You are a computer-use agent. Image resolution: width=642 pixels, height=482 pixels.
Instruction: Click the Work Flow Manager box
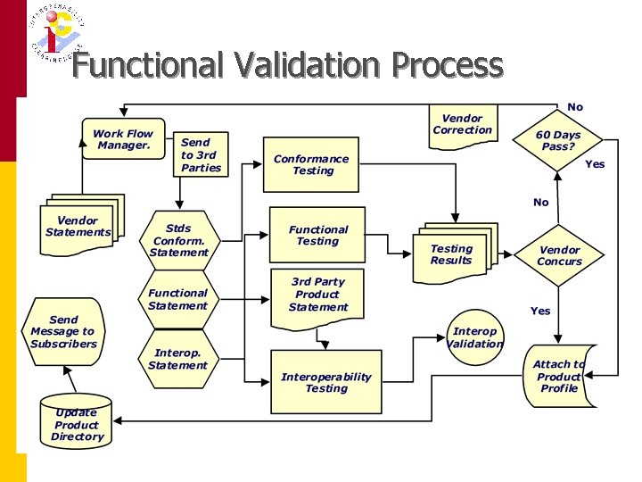tap(123, 139)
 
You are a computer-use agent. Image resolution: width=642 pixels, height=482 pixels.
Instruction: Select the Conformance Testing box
tap(311, 164)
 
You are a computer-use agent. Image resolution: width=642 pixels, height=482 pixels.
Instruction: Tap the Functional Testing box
tap(318, 235)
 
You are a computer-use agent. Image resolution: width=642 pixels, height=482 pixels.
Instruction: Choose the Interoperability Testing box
tap(325, 382)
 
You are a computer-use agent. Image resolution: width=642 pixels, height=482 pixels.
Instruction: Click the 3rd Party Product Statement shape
tap(317, 295)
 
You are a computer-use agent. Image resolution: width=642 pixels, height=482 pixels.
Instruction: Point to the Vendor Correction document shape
tap(462, 124)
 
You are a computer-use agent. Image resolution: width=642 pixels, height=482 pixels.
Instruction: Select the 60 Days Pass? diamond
tap(558, 141)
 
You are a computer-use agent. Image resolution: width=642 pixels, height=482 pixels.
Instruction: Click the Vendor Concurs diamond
tap(559, 256)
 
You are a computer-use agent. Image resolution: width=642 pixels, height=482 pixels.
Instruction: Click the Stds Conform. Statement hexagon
tap(178, 240)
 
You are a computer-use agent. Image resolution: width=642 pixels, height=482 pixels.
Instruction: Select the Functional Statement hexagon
tap(177, 299)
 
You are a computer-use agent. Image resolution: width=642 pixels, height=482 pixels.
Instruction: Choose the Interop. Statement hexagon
tap(177, 359)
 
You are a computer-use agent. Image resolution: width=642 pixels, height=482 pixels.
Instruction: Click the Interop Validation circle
tap(474, 337)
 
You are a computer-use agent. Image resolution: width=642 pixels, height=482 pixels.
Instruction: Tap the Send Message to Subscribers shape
tap(64, 331)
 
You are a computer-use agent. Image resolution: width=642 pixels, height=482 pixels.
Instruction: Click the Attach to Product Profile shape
tap(559, 376)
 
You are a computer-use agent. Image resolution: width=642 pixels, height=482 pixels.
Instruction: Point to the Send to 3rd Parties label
tap(201, 154)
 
